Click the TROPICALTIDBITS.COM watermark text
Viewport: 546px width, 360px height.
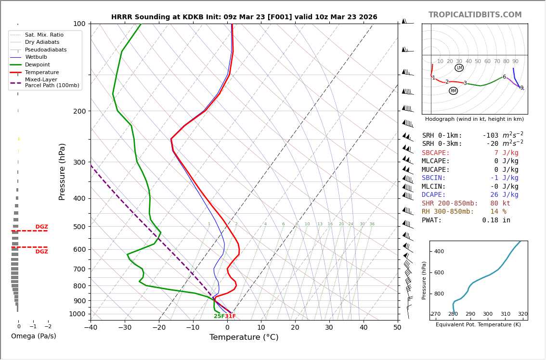[x=475, y=15]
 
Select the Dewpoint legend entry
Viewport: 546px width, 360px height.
[x=38, y=64]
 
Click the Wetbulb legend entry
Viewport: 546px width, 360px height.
[x=36, y=57]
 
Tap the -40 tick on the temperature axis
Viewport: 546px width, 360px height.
[x=91, y=327]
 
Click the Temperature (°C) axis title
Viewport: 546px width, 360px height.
[x=244, y=337]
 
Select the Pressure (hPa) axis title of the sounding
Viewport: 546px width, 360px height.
[x=62, y=171]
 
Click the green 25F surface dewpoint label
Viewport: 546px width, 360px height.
[x=219, y=316]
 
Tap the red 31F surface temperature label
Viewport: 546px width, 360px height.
[x=231, y=316]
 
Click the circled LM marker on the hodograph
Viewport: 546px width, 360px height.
[x=459, y=68]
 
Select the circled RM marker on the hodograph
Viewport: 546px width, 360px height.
[x=453, y=91]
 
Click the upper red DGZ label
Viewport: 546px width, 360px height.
[x=41, y=227]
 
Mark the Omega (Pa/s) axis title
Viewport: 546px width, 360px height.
[x=34, y=336]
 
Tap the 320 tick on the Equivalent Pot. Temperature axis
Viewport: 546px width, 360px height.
[x=522, y=314]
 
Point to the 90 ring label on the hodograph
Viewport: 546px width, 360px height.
[x=515, y=62]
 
